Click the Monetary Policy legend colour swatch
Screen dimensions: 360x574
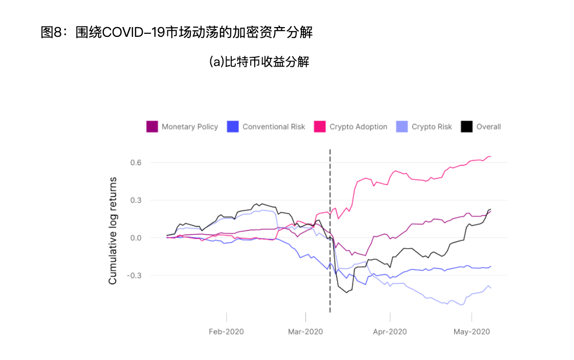coord(152,127)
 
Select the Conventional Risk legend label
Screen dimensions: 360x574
coord(274,127)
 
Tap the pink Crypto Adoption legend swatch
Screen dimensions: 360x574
coord(320,127)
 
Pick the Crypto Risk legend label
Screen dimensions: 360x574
coord(432,127)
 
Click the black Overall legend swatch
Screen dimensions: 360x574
coord(467,127)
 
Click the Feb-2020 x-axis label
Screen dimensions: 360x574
coord(226,332)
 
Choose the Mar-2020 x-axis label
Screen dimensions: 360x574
coord(305,332)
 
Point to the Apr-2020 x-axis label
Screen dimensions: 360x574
coord(390,332)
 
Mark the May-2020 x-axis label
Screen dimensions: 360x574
coord(472,332)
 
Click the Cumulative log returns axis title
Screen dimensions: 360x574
coord(113,231)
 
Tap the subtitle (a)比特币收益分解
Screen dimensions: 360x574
coord(259,62)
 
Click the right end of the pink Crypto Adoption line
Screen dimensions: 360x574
coord(490,156)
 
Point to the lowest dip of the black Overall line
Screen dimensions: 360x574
coord(347,292)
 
